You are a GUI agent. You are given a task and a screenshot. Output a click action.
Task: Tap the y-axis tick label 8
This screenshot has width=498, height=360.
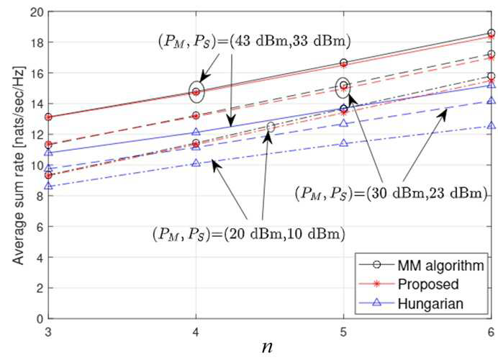(x=40, y=196)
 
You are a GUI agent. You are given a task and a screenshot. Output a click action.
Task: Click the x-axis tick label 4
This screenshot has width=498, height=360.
(x=196, y=332)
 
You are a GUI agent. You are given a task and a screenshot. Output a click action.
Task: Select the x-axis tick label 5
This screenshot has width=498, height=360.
(x=344, y=332)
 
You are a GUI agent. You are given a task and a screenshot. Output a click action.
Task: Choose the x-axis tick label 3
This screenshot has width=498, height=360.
(x=48, y=332)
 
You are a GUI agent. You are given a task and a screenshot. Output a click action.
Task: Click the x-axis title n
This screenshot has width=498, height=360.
(x=268, y=347)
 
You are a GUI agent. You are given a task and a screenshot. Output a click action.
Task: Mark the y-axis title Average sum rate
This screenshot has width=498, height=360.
(x=19, y=165)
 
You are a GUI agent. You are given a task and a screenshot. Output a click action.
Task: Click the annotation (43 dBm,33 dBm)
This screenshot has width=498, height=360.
(x=289, y=41)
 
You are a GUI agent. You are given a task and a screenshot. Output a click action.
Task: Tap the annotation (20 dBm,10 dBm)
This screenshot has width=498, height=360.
(x=284, y=234)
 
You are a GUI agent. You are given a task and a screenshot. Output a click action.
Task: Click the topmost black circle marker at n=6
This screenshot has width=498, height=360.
(x=491, y=33)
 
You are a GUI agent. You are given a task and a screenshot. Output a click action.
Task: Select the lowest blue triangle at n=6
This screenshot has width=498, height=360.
(x=491, y=125)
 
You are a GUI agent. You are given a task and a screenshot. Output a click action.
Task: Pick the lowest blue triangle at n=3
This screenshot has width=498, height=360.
(x=48, y=186)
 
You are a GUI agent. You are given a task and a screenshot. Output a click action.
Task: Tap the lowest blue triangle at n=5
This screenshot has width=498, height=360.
(x=344, y=143)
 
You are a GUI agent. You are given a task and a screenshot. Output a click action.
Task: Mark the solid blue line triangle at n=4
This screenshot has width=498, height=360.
(x=196, y=132)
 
